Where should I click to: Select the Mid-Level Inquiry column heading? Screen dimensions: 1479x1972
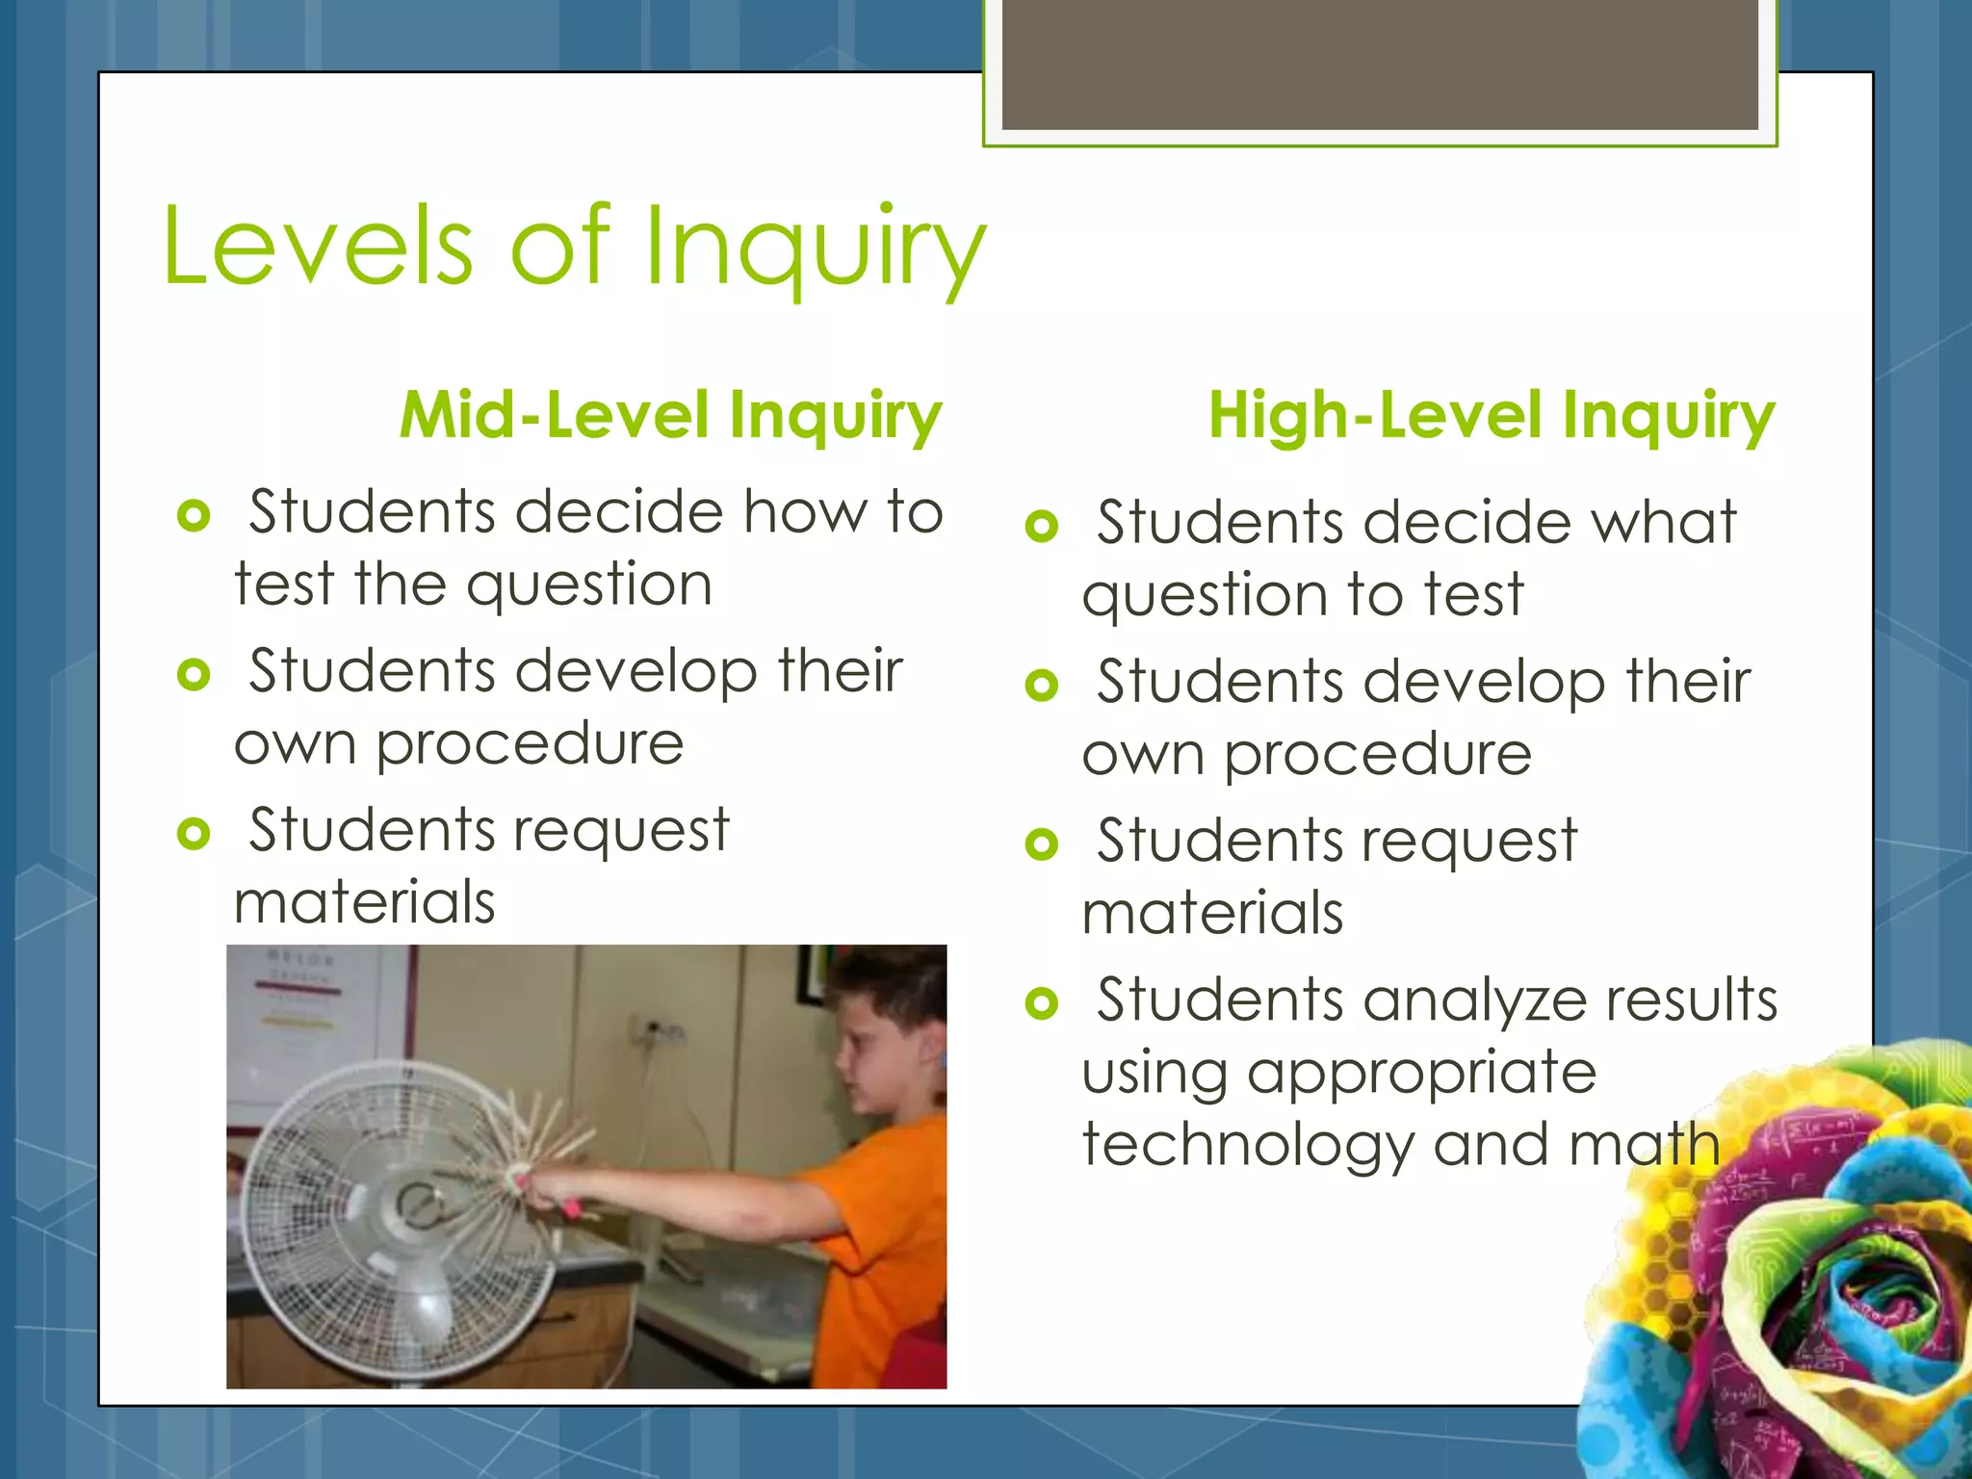click(x=670, y=416)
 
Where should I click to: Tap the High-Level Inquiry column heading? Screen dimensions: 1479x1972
click(x=1491, y=416)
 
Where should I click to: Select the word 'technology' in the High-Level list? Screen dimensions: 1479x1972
click(x=1248, y=1146)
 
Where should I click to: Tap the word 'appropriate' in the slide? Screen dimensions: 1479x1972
click(x=1421, y=1073)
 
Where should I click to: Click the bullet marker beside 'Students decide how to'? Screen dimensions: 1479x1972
click(x=194, y=515)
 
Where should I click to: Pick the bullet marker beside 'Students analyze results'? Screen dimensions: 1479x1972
click(x=1042, y=1003)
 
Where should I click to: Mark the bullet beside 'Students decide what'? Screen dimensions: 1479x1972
click(x=1042, y=526)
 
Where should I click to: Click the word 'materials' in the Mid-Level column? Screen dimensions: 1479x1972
click(x=364, y=903)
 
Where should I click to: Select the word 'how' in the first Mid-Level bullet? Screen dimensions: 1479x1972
click(x=805, y=511)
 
